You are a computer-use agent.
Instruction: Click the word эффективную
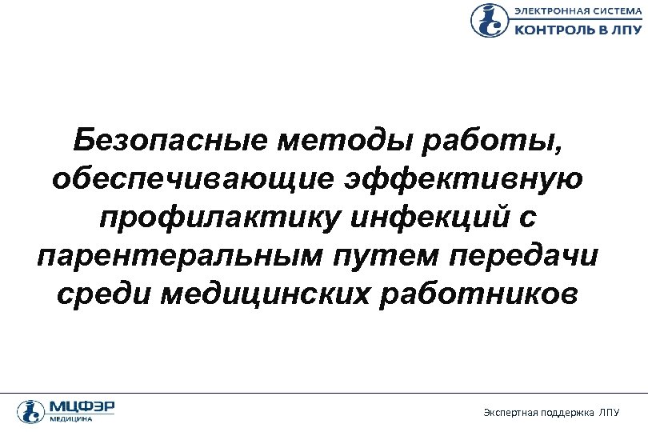coord(457,178)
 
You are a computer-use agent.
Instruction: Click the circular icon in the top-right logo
coord(487,21)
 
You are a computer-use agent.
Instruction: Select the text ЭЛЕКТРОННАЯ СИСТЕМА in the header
coord(576,11)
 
